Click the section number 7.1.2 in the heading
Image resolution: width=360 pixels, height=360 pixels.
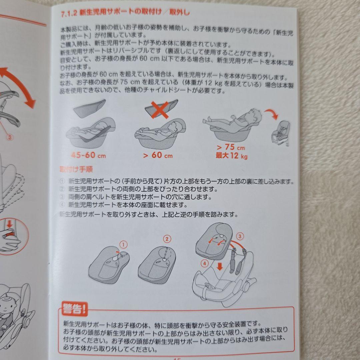pos(69,14)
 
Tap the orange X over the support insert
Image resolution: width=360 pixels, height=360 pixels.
pos(160,110)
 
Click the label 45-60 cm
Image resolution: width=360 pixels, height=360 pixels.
pos(88,155)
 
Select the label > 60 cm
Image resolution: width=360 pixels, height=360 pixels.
pos(157,155)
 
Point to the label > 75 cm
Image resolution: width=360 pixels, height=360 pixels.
pos(231,147)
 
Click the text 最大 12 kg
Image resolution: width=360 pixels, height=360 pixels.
pos(231,156)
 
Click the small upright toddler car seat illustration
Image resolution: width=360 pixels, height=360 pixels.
pos(281,133)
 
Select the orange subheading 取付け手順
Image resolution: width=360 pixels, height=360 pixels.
pos(76,169)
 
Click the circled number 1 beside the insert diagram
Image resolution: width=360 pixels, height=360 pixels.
pos(124,245)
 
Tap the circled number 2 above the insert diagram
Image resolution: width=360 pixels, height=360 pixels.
pos(167,239)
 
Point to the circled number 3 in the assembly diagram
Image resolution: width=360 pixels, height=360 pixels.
pos(240,236)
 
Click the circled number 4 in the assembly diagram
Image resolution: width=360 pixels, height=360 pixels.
pos(204,263)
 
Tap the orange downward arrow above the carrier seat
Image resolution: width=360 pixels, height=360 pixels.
pos(220,266)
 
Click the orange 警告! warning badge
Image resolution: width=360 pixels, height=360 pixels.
pos(75,309)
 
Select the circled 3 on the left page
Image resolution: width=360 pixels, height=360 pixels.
pos(9,137)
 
